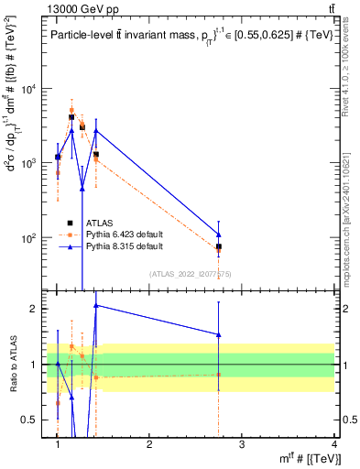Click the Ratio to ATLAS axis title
(13, 365)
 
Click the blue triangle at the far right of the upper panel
(218, 234)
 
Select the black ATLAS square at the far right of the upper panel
(218, 247)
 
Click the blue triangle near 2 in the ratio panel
(96, 305)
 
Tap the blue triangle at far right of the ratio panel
(218, 334)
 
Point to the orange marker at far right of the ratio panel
(218, 374)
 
